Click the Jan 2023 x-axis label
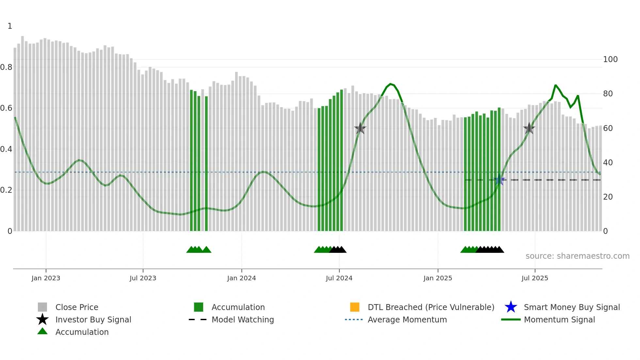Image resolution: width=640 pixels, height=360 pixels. [x=46, y=278]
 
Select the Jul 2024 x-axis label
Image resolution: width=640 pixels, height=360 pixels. [x=339, y=278]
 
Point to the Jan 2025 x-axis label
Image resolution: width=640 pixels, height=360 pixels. [x=438, y=278]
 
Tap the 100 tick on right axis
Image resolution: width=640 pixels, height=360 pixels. [x=610, y=59]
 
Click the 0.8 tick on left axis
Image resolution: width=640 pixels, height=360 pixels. [x=6, y=67]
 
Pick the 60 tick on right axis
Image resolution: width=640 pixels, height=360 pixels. [x=608, y=128]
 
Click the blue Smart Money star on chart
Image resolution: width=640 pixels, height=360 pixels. [x=499, y=180]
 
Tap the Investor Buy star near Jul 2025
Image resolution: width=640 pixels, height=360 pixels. [x=529, y=128]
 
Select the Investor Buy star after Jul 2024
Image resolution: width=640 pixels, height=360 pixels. [x=360, y=128]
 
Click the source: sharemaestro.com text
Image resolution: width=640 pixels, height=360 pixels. [x=577, y=256]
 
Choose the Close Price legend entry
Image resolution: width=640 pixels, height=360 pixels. [x=77, y=307]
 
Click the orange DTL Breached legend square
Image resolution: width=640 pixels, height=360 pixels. [x=355, y=307]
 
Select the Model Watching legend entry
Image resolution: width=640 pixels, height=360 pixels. [x=242, y=319]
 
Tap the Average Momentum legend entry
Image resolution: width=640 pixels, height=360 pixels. [x=407, y=319]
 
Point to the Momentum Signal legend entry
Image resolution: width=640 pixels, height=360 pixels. [x=559, y=319]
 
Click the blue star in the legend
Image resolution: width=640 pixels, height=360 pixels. [x=511, y=307]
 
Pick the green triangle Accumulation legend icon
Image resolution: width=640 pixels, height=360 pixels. [x=42, y=331]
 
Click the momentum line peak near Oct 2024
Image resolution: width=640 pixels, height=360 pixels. [x=390, y=84]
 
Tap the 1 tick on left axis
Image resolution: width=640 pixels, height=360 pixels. [x=10, y=26]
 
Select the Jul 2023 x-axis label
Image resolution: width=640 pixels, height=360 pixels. [x=143, y=278]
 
